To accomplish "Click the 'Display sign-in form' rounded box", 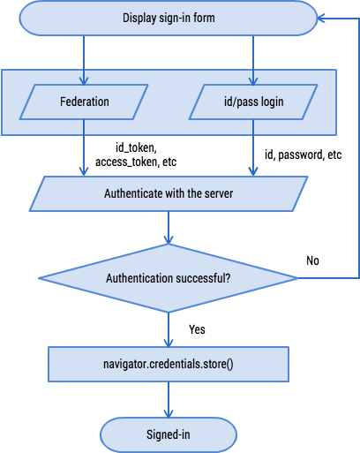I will tap(168, 17).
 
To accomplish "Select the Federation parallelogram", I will tap(84, 102).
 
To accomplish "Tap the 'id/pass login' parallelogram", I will tap(254, 102).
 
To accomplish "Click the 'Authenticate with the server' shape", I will tap(169, 193).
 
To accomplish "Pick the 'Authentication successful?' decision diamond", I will tap(169, 278).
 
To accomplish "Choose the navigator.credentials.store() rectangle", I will tap(169, 363).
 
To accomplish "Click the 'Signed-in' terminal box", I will tap(169, 434).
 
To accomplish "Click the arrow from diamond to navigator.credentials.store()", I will tap(169, 328).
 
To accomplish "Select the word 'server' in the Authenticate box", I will tap(216, 193).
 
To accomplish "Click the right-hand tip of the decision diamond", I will tap(299, 278).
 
